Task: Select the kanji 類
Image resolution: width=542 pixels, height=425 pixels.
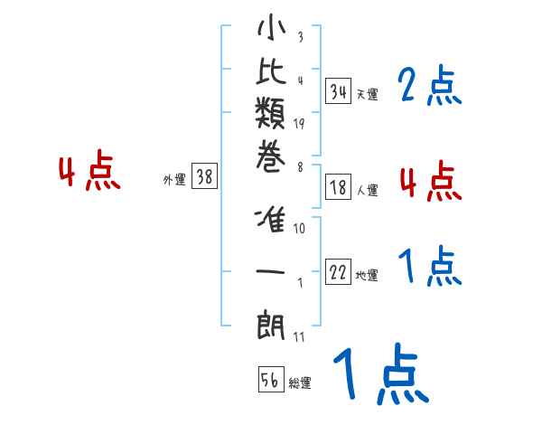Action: tap(271, 117)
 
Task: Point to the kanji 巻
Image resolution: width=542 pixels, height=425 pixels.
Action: tap(271, 159)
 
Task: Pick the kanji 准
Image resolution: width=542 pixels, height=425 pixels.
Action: tap(271, 222)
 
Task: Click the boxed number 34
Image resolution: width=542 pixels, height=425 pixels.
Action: tap(339, 91)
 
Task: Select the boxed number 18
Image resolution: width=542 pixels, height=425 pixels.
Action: tap(339, 188)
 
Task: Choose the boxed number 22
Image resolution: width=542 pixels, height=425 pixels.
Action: tap(339, 273)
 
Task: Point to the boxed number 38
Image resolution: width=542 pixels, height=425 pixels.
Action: tap(204, 177)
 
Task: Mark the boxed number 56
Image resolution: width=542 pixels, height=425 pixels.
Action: tap(270, 381)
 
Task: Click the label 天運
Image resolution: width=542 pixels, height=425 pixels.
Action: tap(367, 94)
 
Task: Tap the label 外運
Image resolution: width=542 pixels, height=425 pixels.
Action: tap(174, 180)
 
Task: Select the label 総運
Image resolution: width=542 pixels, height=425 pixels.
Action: tap(300, 383)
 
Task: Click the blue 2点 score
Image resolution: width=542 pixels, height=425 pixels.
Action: tap(429, 87)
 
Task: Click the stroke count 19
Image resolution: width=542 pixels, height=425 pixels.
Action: tap(299, 123)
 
